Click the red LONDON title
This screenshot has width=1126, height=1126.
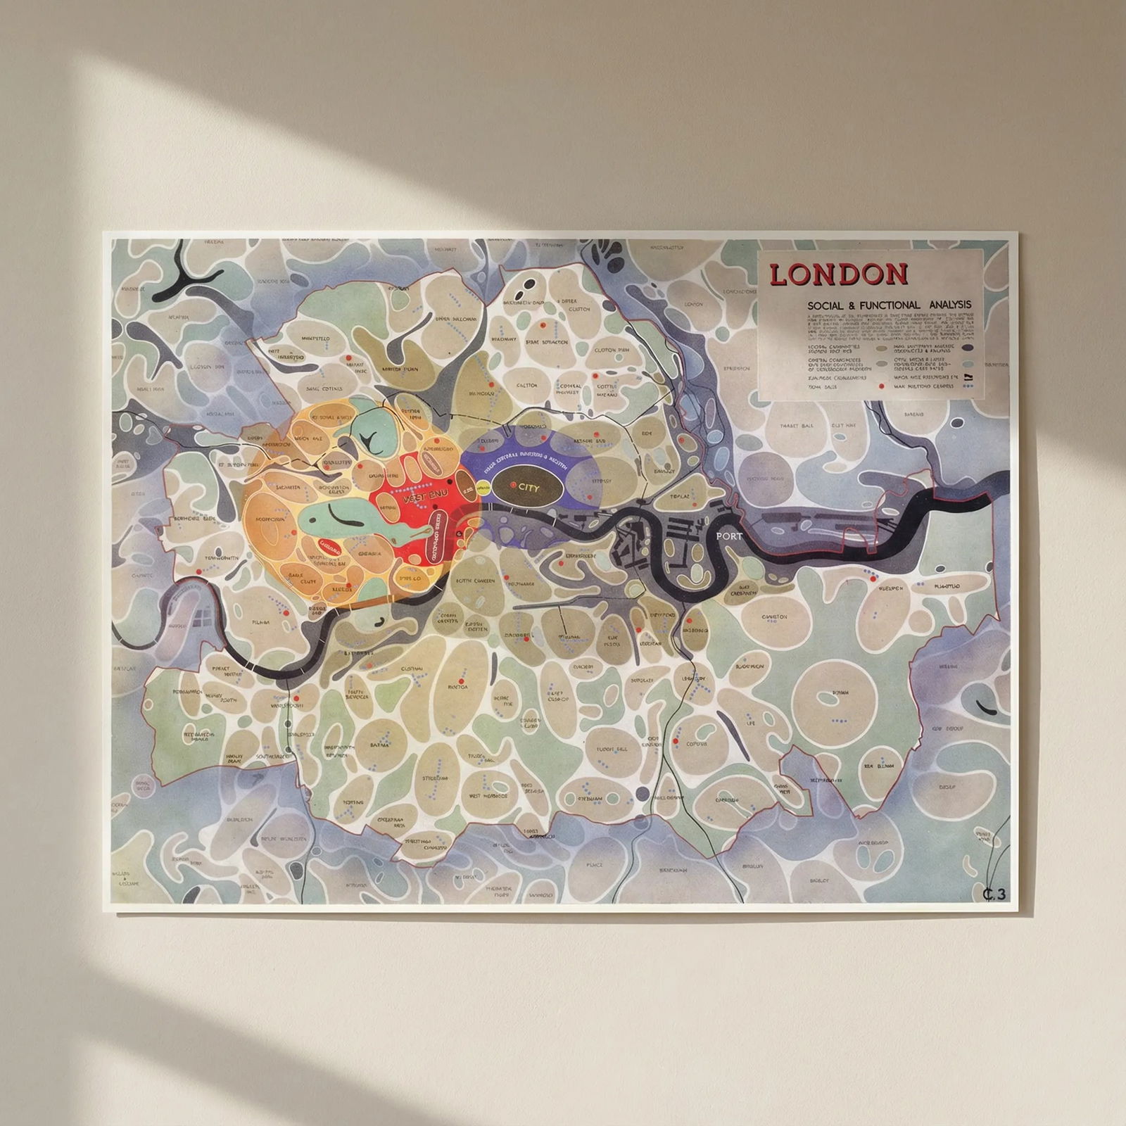pyautogui.click(x=838, y=274)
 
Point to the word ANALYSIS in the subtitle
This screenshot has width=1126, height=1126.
pyautogui.click(x=947, y=305)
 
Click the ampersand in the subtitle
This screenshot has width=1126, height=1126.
pyautogui.click(x=854, y=305)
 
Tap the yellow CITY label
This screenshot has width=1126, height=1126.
pyautogui.click(x=528, y=486)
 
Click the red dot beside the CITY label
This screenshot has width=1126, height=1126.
pyautogui.click(x=514, y=485)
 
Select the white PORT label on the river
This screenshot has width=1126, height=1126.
pyautogui.click(x=728, y=536)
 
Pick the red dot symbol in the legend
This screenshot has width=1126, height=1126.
pyautogui.click(x=880, y=386)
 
